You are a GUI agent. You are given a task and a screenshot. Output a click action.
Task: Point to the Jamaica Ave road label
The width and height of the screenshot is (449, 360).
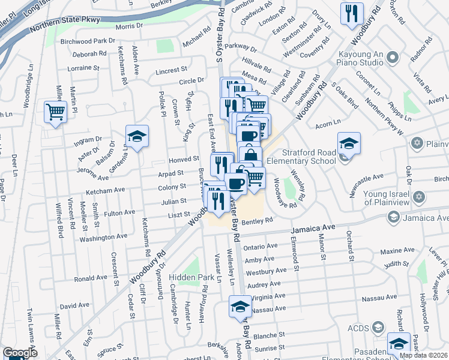pyautogui.click(x=312, y=229)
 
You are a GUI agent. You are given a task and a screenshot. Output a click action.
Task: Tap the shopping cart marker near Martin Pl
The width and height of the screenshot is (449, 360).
pyautogui.click(x=55, y=112)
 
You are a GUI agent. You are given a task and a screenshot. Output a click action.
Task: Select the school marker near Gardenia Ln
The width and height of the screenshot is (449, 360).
pyautogui.click(x=137, y=137)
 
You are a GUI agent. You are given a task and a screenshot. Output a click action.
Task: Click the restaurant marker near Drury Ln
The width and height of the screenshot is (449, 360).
pyautogui.click(x=351, y=13)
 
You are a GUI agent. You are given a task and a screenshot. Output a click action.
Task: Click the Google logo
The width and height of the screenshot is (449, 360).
pyautogui.click(x=20, y=353)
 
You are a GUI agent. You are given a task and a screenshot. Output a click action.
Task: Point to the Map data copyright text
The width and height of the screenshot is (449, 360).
pyautogui.click(x=424, y=355)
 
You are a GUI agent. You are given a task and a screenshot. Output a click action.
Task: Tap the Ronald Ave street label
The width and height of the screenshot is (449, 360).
pyautogui.click(x=91, y=279)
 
